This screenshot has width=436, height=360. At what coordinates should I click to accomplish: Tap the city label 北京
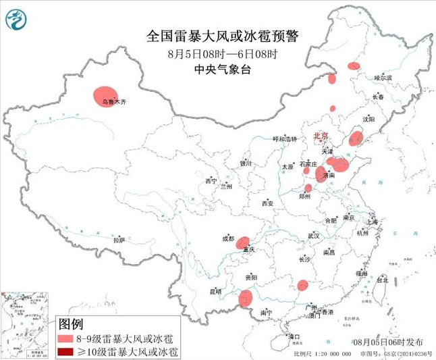pos(321,136)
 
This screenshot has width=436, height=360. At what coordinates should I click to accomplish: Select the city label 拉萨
pos(119,240)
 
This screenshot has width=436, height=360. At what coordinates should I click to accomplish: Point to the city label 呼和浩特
pos(284,138)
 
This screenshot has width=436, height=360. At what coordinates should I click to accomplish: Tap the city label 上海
pos(371,222)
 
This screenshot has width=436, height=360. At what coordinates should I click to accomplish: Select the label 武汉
pos(314,236)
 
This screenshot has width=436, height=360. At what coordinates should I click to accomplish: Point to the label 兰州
pos(225,186)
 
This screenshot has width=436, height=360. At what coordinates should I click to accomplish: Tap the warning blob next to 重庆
pos(243,242)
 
